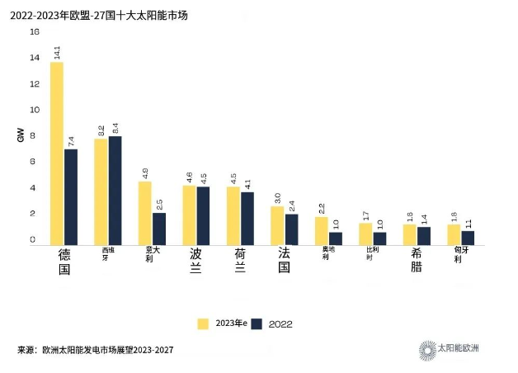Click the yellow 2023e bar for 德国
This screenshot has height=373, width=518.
57,153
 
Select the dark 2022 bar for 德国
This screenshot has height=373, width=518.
71,196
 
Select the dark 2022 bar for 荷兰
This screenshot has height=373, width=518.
247,218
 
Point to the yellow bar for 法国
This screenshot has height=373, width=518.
277,224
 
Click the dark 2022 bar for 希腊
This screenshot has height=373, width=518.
424,235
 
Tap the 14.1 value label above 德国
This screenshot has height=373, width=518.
57,52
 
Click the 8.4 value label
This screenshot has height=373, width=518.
115,128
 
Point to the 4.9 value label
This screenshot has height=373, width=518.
145,173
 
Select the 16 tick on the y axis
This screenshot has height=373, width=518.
34,32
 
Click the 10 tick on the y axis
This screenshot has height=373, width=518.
34,110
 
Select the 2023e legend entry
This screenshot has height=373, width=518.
222,323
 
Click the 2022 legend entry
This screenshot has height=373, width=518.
271,323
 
